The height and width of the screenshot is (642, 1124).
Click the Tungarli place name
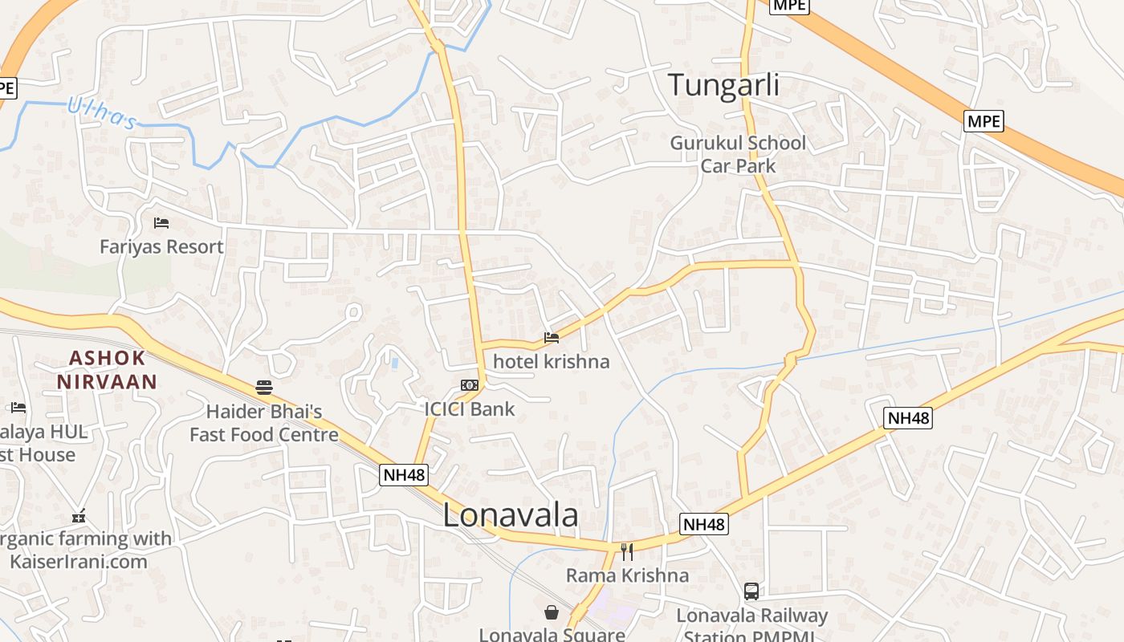pos(723,84)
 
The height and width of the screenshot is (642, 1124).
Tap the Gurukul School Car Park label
pos(738,154)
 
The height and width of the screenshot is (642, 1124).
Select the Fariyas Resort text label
pos(161,246)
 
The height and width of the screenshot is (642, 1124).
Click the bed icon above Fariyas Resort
pos(161,222)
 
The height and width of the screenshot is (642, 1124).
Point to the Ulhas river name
pos(102,112)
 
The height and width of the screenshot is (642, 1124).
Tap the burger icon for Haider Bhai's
pos(264,388)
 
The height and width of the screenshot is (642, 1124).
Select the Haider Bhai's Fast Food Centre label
pos(264,423)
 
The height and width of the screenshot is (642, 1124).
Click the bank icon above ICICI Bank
pos(470,385)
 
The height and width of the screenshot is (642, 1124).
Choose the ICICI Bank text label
pos(470,408)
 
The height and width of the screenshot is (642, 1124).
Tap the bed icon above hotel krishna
pos(551,338)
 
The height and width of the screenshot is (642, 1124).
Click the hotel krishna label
pos(551,361)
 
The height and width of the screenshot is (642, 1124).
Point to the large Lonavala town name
pos(511,515)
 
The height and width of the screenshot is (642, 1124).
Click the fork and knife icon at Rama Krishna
pos(627,551)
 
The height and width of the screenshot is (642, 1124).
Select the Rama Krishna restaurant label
pos(627,575)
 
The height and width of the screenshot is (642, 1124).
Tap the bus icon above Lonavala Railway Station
pos(751,591)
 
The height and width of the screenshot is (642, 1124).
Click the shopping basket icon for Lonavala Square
pos(552,612)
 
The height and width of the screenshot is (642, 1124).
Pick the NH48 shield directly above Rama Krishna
pos(704,525)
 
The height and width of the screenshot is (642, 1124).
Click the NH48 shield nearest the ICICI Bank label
pos(404,474)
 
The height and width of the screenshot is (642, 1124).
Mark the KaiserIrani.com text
pos(79,561)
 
